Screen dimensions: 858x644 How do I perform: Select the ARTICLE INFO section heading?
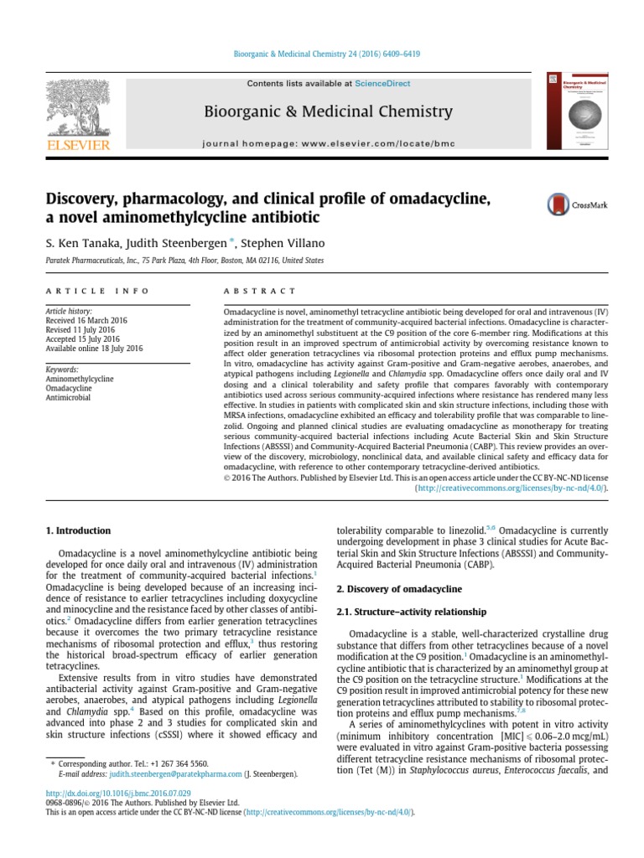[x=96, y=291]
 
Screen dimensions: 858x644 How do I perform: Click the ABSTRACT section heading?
[x=259, y=291]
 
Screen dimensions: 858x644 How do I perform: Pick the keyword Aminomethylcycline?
[x=80, y=379]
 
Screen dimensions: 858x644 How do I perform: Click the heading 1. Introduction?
[x=76, y=530]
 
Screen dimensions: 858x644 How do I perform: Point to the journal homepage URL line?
[x=328, y=143]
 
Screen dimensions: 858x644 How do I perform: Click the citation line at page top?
[x=325, y=54]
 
